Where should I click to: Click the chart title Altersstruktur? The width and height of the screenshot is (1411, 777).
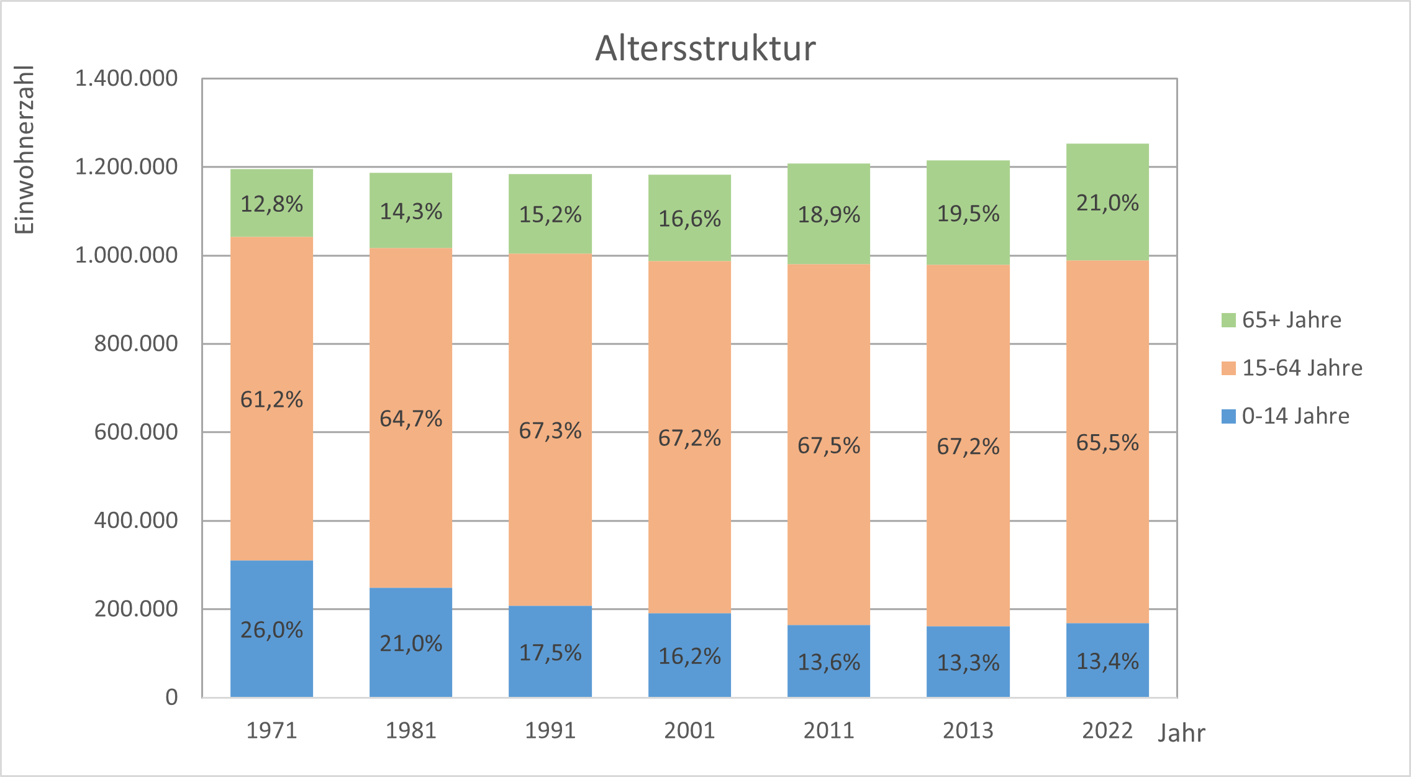[x=705, y=48]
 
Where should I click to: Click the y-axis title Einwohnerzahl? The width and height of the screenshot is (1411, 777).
[x=24, y=150]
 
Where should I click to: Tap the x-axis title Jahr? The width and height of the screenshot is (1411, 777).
[x=1181, y=734]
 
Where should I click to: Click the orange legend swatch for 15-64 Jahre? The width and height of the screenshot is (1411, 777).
[x=1228, y=368]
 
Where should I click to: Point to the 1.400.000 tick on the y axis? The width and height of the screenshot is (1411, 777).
[x=126, y=79]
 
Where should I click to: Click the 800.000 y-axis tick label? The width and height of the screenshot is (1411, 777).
[x=135, y=343]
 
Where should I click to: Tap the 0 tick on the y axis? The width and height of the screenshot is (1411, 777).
[x=171, y=697]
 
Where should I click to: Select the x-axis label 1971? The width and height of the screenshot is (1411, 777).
[x=271, y=730]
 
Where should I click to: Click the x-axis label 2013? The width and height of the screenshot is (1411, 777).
[x=968, y=730]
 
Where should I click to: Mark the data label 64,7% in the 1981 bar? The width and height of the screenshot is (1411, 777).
[x=411, y=419]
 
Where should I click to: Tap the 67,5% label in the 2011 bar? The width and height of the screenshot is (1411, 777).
[x=828, y=445]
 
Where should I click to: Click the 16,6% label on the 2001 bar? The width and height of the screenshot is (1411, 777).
[x=689, y=219]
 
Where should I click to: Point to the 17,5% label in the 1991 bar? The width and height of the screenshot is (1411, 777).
[x=550, y=653]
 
